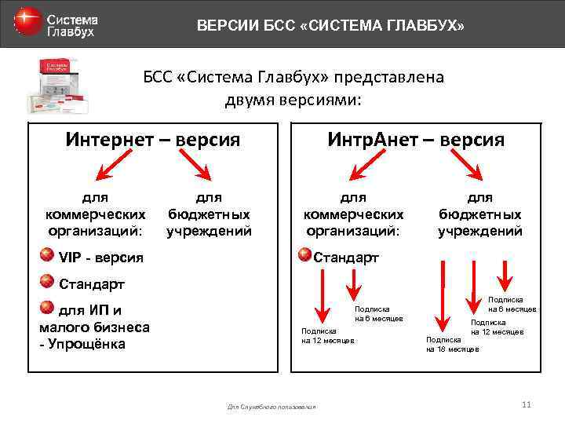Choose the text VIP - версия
101,258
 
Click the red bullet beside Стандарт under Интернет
48,282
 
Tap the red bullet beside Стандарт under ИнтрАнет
303,254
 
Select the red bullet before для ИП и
48,307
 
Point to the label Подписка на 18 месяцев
452,344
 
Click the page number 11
526,404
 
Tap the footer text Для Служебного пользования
272,407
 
